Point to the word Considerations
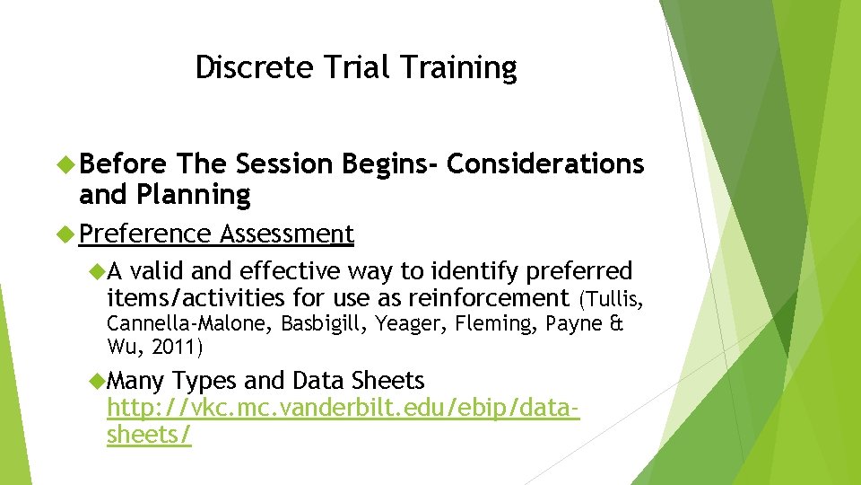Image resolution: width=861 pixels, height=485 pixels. click(544, 164)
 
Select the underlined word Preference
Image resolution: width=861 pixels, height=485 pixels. click(144, 234)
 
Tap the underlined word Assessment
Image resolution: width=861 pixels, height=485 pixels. click(287, 234)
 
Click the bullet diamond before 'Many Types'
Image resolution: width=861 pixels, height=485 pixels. click(97, 381)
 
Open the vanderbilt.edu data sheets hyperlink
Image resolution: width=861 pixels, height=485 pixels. click(342, 409)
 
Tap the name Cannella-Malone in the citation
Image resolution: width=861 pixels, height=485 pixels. click(191, 323)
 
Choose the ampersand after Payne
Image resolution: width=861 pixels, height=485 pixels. click(615, 323)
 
